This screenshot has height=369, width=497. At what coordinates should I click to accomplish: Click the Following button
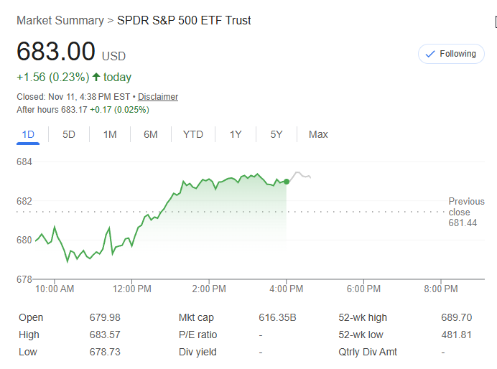[x=450, y=54]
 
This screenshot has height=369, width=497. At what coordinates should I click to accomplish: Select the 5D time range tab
[x=69, y=134]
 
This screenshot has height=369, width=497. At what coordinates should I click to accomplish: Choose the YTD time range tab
[x=192, y=134]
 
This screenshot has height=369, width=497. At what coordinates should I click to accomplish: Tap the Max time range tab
[x=318, y=134]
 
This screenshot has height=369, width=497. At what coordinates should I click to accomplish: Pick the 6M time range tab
[x=150, y=134]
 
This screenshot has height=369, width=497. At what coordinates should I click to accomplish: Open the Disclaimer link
[x=158, y=97]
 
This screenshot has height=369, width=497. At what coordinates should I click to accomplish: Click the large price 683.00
[x=56, y=52]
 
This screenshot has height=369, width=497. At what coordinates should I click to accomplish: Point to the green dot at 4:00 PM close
[x=287, y=182]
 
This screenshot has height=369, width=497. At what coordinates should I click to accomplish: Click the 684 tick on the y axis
[x=24, y=162]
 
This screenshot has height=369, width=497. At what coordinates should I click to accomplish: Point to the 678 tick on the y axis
[x=24, y=279]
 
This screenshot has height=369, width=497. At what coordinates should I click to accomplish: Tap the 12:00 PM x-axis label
[x=132, y=289]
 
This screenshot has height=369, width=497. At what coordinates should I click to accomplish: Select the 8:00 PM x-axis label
[x=440, y=289]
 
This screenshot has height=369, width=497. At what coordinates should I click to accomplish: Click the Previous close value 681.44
[x=463, y=223]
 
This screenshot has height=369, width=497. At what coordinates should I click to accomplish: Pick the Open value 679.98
[x=105, y=317]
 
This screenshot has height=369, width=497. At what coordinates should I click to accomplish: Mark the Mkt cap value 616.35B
[x=277, y=317]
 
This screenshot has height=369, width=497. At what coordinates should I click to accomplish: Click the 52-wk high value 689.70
[x=456, y=317]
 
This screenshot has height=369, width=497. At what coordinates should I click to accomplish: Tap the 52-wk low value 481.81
[x=456, y=335]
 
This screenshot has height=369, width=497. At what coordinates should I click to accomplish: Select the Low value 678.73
[x=105, y=352]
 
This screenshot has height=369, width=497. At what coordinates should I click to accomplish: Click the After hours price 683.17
[x=73, y=110]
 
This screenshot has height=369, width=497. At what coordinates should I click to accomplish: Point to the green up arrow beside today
[x=96, y=77]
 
